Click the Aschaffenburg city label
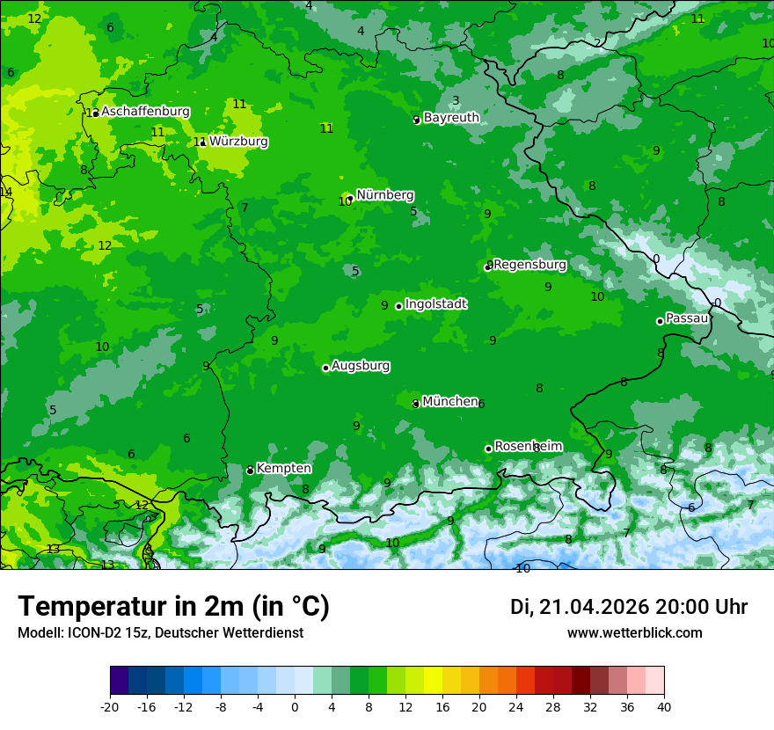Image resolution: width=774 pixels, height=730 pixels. (x=145, y=112)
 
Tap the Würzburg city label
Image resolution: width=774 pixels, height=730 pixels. (x=238, y=142)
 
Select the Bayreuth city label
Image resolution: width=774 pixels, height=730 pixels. (x=451, y=118)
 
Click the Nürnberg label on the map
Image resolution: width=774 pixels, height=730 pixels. (x=384, y=195)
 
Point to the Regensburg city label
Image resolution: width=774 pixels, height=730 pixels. (x=529, y=265)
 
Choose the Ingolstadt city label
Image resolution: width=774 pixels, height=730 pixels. (x=435, y=304)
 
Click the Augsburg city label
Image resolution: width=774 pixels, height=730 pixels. (x=361, y=366)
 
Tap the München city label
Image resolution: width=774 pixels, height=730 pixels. (x=449, y=402)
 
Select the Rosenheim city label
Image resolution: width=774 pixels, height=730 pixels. (x=528, y=447)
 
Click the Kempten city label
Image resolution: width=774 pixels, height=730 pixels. (x=283, y=469)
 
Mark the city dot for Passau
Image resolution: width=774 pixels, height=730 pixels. (x=660, y=321)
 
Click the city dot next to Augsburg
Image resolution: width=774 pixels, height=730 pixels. (x=325, y=368)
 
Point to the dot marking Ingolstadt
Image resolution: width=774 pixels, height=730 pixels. (x=398, y=306)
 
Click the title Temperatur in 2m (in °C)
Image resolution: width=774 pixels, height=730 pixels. (x=173, y=606)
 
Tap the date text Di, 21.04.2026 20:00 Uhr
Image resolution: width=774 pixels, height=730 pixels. (x=629, y=607)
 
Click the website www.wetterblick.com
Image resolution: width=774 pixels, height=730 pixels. (x=634, y=632)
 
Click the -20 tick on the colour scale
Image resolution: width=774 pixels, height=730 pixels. (x=110, y=706)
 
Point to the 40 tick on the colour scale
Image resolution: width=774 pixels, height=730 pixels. (x=664, y=706)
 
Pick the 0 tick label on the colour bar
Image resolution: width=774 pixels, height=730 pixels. (x=295, y=706)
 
